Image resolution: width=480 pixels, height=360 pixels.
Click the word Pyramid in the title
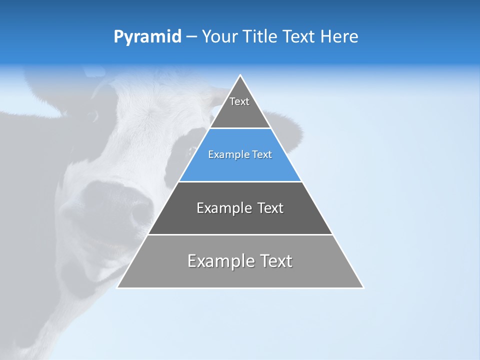click(x=147, y=36)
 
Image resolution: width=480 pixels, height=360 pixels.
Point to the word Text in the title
click(x=299, y=36)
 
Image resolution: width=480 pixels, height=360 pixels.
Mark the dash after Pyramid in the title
click(x=191, y=36)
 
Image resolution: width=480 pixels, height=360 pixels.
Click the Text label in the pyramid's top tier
click(x=239, y=101)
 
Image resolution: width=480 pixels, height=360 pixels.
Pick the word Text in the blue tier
click(x=262, y=154)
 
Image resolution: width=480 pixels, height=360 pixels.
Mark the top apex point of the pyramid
click(x=240, y=75)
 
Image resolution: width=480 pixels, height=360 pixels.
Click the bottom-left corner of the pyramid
click(x=117, y=287)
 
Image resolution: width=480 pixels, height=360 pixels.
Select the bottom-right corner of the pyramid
click(x=363, y=287)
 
